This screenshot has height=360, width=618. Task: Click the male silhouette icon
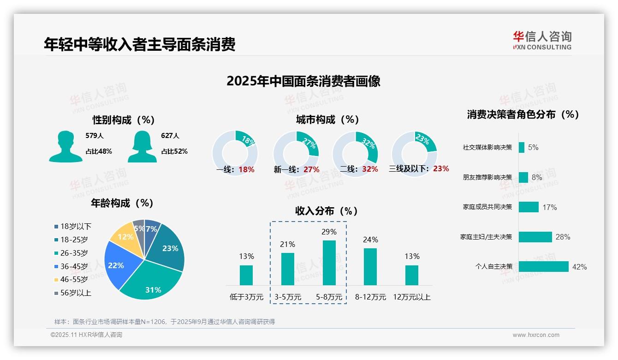click(65, 146)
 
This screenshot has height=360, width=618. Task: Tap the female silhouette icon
click(142, 146)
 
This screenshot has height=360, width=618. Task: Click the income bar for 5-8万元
click(329, 263)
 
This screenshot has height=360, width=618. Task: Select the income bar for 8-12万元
click(370, 266)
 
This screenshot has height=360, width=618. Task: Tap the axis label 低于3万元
click(246, 297)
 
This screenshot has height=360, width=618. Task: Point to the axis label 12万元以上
click(411, 297)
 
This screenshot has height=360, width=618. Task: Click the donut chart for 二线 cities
click(355, 153)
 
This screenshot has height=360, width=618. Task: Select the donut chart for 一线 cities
click(235, 153)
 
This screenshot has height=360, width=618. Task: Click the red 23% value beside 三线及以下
click(441, 168)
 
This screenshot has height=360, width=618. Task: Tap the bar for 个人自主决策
click(543, 267)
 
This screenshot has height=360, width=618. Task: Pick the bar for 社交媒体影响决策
click(521, 147)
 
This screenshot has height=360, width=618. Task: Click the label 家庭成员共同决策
click(487, 207)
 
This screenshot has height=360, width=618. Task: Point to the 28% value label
click(563, 237)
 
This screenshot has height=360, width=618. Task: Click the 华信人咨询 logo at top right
click(542, 40)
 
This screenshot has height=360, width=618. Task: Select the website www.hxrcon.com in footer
click(536, 335)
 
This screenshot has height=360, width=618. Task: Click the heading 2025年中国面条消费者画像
click(303, 81)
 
